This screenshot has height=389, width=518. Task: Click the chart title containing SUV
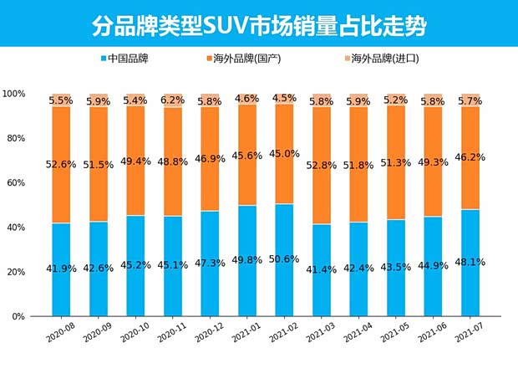click(259, 25)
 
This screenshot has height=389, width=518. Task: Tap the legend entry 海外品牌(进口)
click(384, 59)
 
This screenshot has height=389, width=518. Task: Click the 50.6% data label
click(283, 259)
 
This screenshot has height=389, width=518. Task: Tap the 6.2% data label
click(173, 100)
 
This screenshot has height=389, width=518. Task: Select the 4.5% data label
click(283, 98)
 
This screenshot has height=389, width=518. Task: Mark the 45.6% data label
click(246, 156)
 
